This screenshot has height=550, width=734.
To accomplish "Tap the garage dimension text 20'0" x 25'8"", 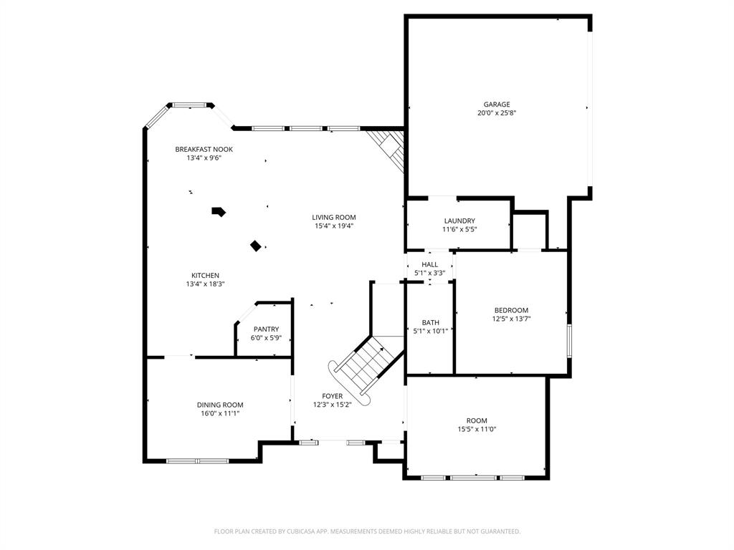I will click(x=497, y=113).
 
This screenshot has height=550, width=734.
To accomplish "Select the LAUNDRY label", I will click(x=459, y=221).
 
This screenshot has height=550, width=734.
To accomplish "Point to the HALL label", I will click(x=429, y=264).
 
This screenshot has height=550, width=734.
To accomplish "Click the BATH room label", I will click(x=430, y=322).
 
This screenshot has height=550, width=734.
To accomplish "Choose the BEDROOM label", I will click(x=511, y=310).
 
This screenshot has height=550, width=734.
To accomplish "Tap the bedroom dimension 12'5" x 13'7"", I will click(x=511, y=319).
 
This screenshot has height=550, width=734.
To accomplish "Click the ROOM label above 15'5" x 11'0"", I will click(x=477, y=420).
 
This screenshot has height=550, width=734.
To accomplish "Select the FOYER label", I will click(x=332, y=396).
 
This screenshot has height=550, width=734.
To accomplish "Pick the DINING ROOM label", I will click(x=220, y=405).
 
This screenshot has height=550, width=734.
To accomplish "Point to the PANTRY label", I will click(x=266, y=329).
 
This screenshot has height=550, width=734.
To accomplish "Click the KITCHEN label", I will click(x=205, y=276).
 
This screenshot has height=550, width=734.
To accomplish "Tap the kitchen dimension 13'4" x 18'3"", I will click(x=205, y=284).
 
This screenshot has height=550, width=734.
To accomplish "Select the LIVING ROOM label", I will click(x=333, y=217).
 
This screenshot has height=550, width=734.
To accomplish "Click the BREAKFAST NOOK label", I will click(x=204, y=149).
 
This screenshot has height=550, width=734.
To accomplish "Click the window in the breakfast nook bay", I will click(x=191, y=105).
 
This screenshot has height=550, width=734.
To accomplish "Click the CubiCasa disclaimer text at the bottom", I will click(x=367, y=531).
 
